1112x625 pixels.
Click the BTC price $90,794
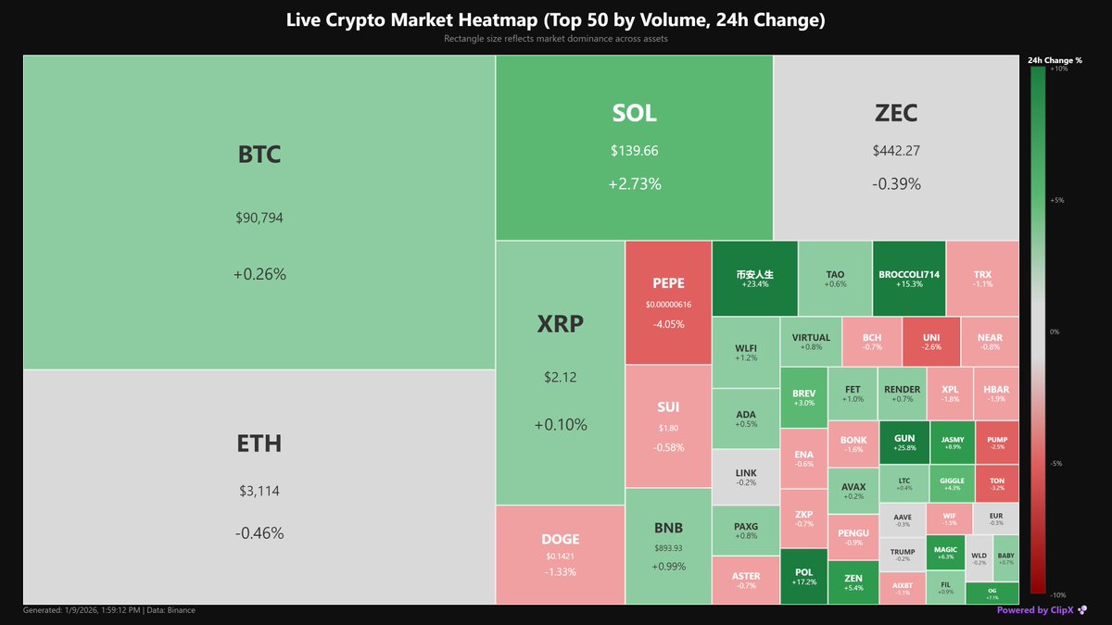259,219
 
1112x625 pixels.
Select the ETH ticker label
259,444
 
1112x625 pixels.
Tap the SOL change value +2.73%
634,184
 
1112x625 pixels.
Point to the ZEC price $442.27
896,150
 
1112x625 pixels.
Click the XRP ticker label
561,324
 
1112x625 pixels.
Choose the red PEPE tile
668,302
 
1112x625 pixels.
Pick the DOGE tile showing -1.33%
560,556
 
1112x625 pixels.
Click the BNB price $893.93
668,547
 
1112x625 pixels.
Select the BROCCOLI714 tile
909,279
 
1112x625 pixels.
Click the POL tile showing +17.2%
803,577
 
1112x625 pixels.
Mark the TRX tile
982,279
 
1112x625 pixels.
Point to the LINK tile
745,477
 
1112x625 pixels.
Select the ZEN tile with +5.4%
853,582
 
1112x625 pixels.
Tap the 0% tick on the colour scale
1053,331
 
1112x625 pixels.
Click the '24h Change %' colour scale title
1055,60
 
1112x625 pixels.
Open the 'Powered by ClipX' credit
1035,610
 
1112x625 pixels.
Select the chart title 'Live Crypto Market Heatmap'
555,19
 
